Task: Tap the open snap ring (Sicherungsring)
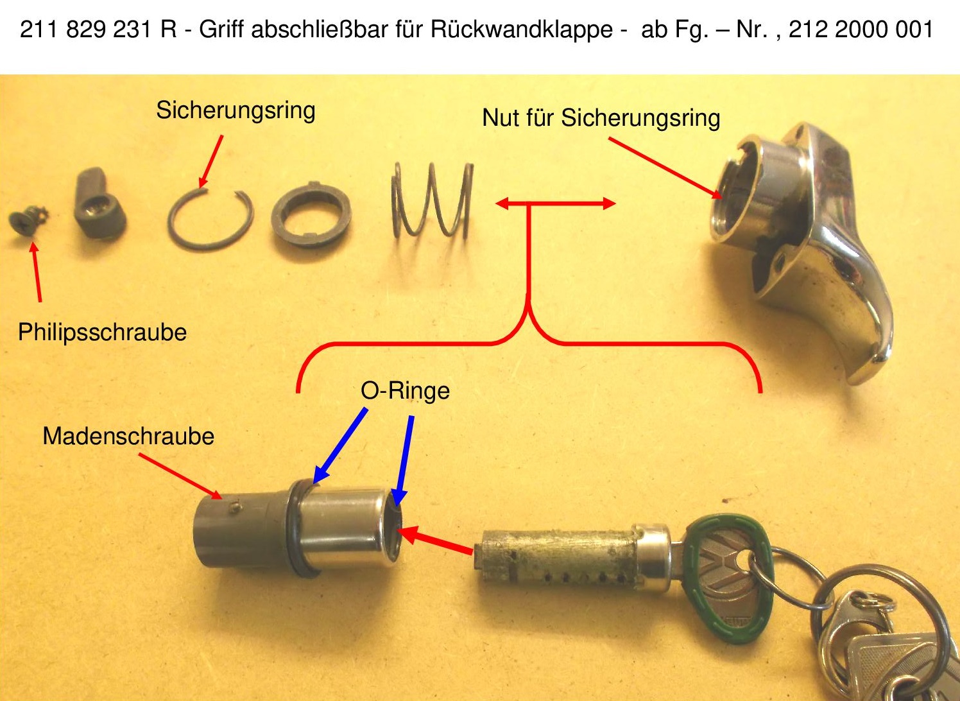click(210, 219)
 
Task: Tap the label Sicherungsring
click(236, 110)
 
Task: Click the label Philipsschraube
click(102, 333)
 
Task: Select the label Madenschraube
click(128, 437)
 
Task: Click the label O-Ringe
click(405, 390)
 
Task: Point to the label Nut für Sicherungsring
click(601, 118)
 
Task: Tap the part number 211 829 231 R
click(98, 30)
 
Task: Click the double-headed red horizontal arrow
click(555, 204)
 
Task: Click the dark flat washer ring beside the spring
click(311, 215)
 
